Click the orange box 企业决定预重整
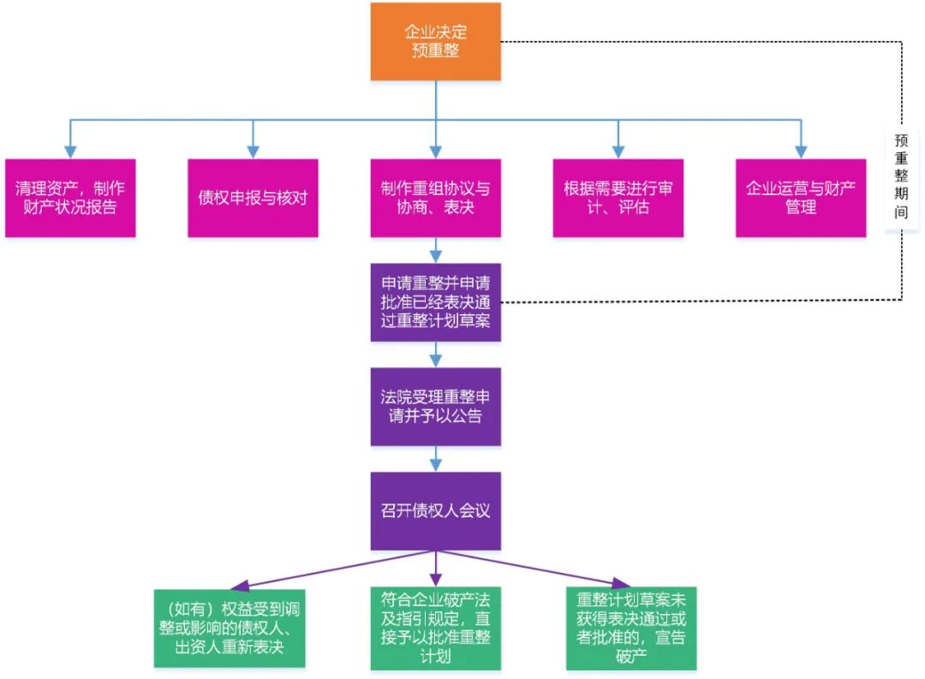click(x=435, y=42)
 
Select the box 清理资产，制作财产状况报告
click(x=70, y=198)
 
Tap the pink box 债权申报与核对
click(x=253, y=198)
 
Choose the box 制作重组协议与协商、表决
click(x=435, y=198)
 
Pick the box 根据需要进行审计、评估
click(x=618, y=198)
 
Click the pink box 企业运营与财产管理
click(x=800, y=198)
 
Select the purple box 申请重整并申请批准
click(x=435, y=302)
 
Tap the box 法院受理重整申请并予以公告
click(x=435, y=407)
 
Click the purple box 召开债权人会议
click(x=435, y=511)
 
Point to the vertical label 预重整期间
click(x=901, y=176)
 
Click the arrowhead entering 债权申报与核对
click(x=253, y=152)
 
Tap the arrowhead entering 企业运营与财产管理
click(x=800, y=152)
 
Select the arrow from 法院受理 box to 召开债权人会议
click(x=435, y=459)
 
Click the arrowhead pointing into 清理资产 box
click(x=70, y=152)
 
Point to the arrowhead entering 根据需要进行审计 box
click(x=618, y=152)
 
